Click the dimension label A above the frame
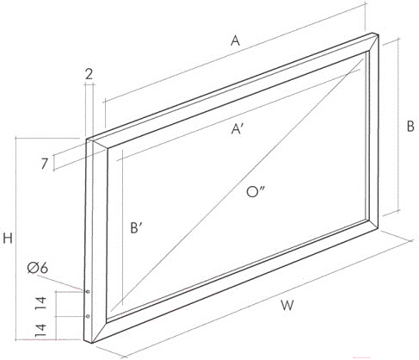click(235, 40)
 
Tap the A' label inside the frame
click(237, 129)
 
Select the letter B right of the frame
click(410, 127)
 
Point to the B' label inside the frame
click(137, 228)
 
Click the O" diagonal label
click(256, 192)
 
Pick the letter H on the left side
click(8, 239)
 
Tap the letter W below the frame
click(287, 306)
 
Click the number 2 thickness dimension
click(89, 75)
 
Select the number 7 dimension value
click(44, 164)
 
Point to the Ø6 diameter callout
click(38, 269)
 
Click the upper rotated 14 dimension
click(40, 303)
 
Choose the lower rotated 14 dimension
click(40, 330)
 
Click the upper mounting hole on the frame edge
click(88, 292)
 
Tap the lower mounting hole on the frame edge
click(88, 316)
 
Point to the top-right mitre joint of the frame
click(373, 42)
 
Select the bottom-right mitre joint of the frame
click(373, 225)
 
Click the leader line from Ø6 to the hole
click(61, 282)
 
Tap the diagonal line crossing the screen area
click(237, 185)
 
